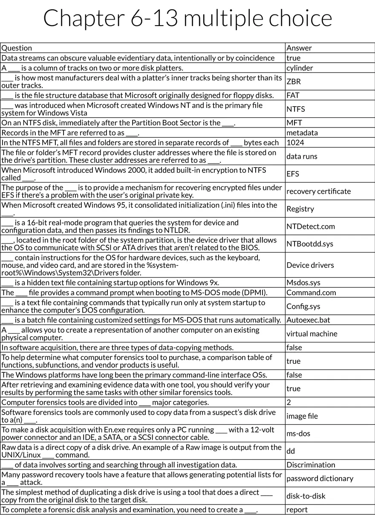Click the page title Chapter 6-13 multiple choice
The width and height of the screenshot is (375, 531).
187,18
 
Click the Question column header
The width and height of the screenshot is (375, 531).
17,48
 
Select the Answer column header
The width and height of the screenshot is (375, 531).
299,48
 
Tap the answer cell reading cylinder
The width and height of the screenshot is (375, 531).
300,68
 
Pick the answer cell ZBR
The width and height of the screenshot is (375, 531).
294,81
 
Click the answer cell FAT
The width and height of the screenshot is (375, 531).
293,95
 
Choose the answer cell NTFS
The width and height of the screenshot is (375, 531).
296,109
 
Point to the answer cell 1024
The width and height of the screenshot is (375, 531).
295,143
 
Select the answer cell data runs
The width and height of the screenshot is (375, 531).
302,157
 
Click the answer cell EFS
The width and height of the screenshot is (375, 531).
293,174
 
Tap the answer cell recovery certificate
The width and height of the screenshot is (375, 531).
318,192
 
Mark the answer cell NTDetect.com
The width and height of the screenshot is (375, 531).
311,226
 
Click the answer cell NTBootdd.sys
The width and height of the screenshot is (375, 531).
310,244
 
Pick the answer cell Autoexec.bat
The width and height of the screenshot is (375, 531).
308,320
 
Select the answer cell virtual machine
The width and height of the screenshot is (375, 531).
312,334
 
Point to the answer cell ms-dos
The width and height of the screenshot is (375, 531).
298,434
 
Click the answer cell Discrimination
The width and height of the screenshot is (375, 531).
311,465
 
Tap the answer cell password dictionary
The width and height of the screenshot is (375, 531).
320,479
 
